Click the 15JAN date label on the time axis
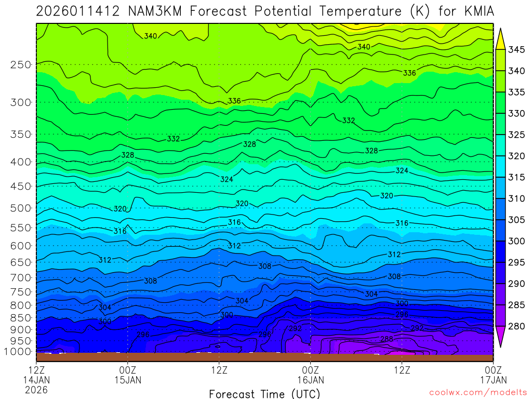point(128,380)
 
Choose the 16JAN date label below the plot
point(311,380)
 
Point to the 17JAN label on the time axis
point(493,380)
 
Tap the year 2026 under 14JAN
point(36,390)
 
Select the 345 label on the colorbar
point(516,50)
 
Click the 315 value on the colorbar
point(516,178)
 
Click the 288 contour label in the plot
point(387,339)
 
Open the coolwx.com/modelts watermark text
point(478,392)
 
